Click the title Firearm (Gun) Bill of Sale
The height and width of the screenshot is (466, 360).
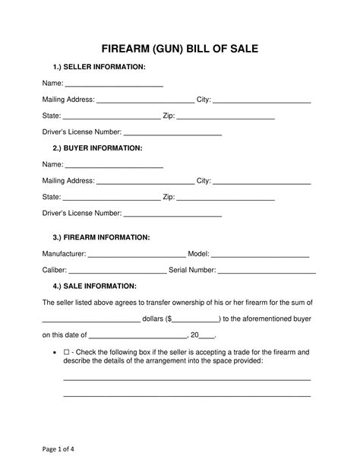click(x=180, y=49)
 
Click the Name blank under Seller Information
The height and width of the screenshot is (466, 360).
click(x=115, y=84)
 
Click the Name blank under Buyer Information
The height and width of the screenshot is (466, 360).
click(x=115, y=165)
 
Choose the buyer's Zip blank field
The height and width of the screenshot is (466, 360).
click(x=226, y=198)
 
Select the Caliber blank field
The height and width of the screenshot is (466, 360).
click(x=118, y=271)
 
